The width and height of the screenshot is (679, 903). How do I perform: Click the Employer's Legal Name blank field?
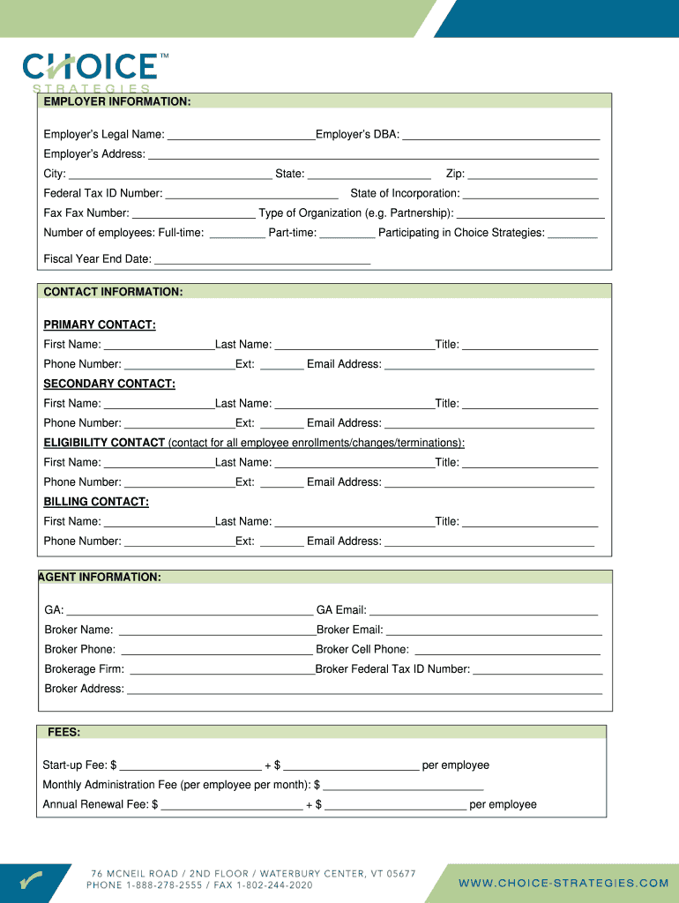(240, 135)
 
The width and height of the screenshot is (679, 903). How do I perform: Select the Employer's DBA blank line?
(501, 135)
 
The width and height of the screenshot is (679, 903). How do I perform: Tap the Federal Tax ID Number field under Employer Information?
(251, 194)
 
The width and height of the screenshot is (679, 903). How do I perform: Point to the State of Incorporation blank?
(530, 194)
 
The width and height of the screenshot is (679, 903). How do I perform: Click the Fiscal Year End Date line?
(262, 260)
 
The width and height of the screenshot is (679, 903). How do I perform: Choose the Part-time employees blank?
(347, 234)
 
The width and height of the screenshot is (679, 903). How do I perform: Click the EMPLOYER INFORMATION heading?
(117, 102)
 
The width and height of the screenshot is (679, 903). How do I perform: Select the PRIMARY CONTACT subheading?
(100, 325)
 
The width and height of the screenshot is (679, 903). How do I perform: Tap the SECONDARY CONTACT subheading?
(109, 384)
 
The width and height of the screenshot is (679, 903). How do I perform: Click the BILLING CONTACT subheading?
(96, 502)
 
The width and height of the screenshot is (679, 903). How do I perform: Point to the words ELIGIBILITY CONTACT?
(104, 443)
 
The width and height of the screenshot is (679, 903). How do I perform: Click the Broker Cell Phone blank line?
(494, 650)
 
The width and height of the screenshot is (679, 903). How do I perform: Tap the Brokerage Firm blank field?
(221, 669)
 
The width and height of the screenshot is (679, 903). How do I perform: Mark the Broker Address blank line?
(364, 690)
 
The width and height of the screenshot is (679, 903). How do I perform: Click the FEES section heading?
(64, 733)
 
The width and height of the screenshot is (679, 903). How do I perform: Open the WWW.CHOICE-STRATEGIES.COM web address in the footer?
(563, 883)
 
